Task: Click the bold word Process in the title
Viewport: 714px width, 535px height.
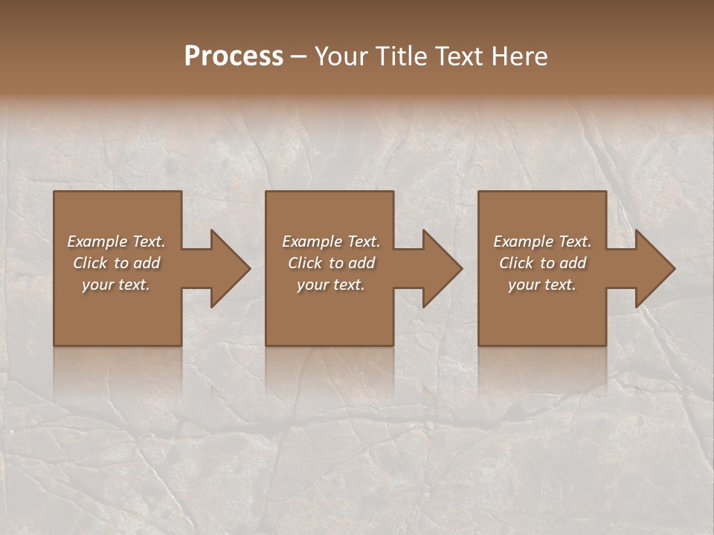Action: (x=234, y=56)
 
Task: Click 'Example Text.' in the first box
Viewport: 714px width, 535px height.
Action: (x=116, y=241)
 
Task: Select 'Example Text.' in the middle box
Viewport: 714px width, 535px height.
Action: (x=330, y=241)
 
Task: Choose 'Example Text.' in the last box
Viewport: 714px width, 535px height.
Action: (x=542, y=241)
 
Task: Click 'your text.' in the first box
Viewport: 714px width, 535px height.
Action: (x=116, y=285)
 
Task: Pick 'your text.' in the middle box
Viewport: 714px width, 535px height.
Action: (x=330, y=285)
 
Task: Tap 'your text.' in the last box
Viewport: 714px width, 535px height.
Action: (x=542, y=285)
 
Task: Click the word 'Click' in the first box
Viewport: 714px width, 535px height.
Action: (x=90, y=263)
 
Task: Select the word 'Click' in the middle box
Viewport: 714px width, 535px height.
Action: (x=305, y=263)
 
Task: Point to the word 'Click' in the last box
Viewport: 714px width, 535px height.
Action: (x=516, y=263)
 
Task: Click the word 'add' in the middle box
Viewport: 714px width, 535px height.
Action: (x=361, y=263)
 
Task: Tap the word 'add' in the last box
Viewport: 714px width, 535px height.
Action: (x=573, y=263)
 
